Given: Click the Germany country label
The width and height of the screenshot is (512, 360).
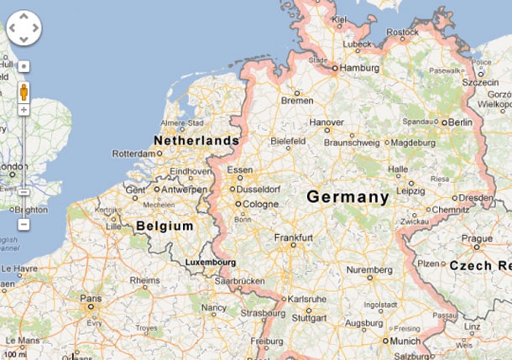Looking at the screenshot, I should tap(347, 198).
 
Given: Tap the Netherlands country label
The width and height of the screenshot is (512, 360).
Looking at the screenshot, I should tap(196, 143).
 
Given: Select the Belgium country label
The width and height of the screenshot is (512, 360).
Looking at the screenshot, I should tap(165, 227).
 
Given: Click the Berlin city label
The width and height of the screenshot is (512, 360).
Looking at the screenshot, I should tap(460, 123).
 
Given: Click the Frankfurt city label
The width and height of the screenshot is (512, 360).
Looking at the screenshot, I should tap(294, 237).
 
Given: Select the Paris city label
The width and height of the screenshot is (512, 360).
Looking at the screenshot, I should tap(91, 298).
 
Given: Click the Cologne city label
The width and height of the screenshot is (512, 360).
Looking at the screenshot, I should tap(260, 203).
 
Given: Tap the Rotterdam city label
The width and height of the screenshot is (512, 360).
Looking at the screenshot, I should tap(134, 154).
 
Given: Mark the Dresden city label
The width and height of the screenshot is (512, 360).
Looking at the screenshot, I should tap(475, 198).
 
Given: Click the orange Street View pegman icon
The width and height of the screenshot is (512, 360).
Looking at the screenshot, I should tap(24, 91).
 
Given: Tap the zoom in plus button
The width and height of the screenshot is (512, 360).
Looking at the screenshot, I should tap(24, 110).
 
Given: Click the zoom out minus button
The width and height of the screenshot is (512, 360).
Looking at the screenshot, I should tap(24, 225).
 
